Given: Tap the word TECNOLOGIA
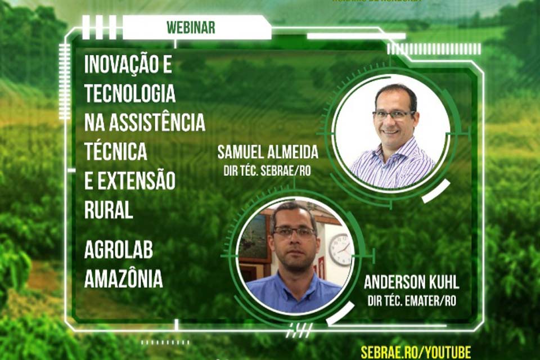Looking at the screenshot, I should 130,94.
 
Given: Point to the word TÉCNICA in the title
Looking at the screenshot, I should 116,151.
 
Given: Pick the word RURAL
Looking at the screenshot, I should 109,209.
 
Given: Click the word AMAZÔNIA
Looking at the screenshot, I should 124,278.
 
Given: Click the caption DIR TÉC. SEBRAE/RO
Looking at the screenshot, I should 272,167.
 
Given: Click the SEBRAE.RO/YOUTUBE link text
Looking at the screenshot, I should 416,352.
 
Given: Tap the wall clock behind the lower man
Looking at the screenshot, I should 340,249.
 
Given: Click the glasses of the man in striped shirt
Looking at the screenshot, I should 394,115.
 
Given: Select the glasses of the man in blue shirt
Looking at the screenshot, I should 294,232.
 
